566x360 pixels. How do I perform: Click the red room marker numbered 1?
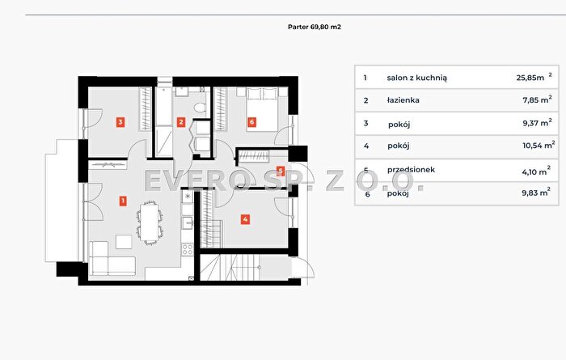pyautogui.click(x=123, y=201)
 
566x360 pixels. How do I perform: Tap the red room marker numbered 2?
pyautogui.click(x=181, y=122)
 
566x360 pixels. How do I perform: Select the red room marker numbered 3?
pyautogui.click(x=120, y=122)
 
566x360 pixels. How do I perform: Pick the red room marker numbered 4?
pyautogui.click(x=245, y=219)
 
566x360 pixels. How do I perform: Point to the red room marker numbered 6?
pyautogui.click(x=251, y=122)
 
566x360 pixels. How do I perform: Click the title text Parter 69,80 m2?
pyautogui.click(x=315, y=27)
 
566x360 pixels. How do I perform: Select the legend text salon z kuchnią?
pyautogui.click(x=417, y=78)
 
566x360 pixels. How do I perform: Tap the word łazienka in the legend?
pyautogui.click(x=403, y=100)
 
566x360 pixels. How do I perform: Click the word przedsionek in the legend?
pyautogui.click(x=411, y=169)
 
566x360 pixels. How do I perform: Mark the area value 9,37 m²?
pyautogui.click(x=537, y=123)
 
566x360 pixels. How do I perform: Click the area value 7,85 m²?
pyautogui.click(x=537, y=100)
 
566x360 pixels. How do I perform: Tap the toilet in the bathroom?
pyautogui.click(x=200, y=108)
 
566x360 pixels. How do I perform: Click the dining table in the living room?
pyautogui.click(x=149, y=222)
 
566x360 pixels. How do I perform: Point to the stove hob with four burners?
pyautogui.click(x=188, y=249)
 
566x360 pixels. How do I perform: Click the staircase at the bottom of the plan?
pyautogui.click(x=230, y=268)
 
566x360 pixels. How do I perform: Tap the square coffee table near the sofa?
pyautogui.click(x=124, y=242)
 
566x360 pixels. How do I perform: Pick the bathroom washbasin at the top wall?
pyautogui.click(x=182, y=91)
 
